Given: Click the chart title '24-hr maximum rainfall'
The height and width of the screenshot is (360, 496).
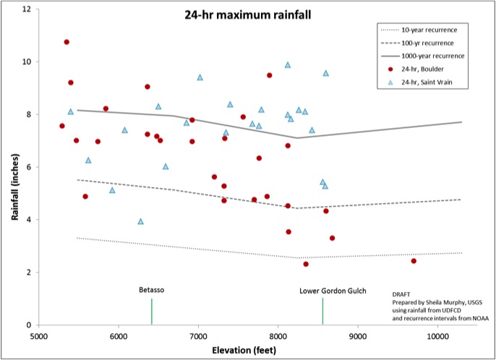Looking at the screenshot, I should (227, 15).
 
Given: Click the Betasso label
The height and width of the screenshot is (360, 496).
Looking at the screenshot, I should (152, 290).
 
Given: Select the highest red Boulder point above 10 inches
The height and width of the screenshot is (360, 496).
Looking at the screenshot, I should (67, 42).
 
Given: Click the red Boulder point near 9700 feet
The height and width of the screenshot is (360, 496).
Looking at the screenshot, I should (414, 261).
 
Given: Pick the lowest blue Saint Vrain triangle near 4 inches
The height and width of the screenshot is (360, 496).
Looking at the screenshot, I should (141, 221).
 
